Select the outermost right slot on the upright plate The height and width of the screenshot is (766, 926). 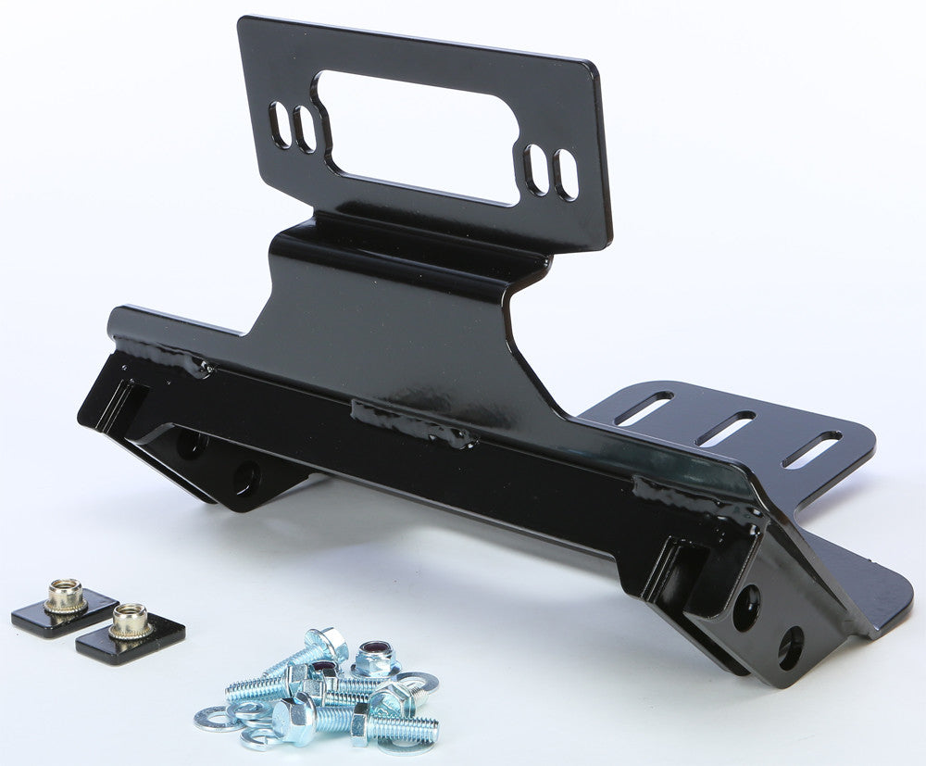[565, 174]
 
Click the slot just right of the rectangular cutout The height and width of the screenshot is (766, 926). [535, 168]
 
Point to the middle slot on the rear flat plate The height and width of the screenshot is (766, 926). [725, 428]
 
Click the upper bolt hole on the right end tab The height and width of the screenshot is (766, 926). [746, 607]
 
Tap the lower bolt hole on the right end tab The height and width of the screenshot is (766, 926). [790, 648]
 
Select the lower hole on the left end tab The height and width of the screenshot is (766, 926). [246, 477]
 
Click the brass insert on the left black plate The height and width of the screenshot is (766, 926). [65, 596]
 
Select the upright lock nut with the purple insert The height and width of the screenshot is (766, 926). [376, 659]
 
